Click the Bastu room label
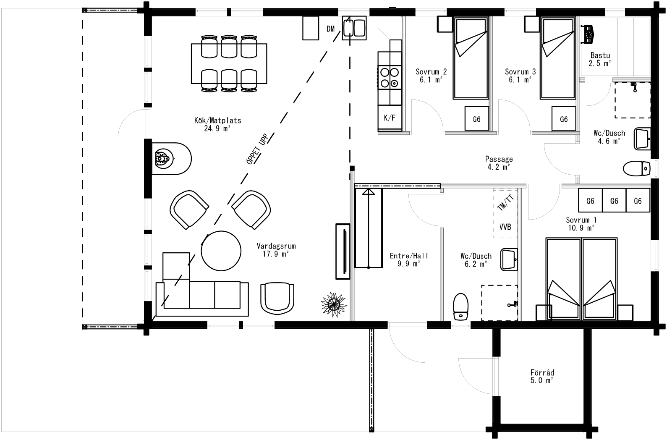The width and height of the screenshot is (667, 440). [x=600, y=55]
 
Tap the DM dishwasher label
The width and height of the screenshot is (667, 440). [x=330, y=29]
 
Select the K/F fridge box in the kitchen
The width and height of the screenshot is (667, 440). [x=390, y=118]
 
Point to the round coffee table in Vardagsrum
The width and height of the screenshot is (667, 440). [x=221, y=251]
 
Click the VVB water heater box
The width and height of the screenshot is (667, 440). [x=505, y=227]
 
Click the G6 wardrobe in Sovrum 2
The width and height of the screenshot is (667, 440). [x=476, y=119]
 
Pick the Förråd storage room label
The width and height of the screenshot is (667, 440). [x=542, y=373]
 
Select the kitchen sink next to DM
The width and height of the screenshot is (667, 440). [x=354, y=28]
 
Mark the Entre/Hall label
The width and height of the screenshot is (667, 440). [x=403, y=256]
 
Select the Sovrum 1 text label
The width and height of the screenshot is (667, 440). [x=581, y=220]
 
